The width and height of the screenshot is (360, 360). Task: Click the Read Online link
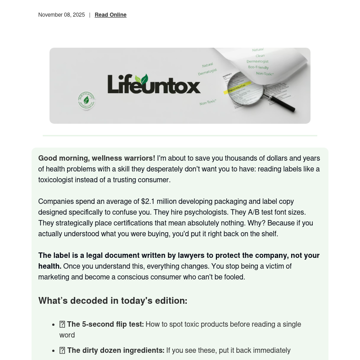110,15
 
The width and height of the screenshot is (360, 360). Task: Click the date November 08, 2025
61,15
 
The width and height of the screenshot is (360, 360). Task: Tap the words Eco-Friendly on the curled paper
258,67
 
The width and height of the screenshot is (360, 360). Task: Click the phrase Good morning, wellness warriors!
97,158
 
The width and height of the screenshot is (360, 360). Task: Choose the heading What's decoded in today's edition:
112,301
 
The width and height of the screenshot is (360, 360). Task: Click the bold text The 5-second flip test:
105,324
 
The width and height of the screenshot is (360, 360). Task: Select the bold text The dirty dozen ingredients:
116,351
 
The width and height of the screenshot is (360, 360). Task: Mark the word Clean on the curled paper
260,55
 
